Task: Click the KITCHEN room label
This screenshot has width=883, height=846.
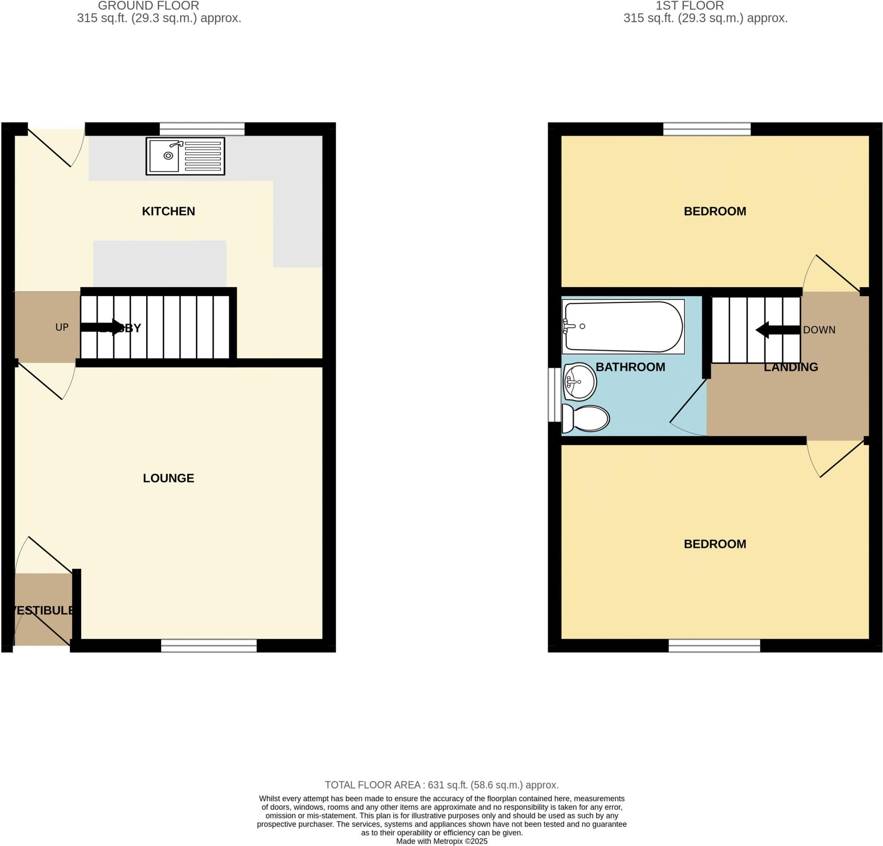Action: [169, 211]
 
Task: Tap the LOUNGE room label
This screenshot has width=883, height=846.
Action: [169, 478]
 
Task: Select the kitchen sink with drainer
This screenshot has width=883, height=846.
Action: [185, 156]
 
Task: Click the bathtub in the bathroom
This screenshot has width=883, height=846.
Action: [623, 326]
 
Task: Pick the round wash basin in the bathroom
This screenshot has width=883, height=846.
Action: [579, 382]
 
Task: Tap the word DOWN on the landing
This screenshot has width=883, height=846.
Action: [819, 330]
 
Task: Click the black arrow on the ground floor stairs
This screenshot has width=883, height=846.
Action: [102, 328]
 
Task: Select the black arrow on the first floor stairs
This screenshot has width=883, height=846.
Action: [777, 330]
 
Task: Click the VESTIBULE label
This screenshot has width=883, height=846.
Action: [43, 611]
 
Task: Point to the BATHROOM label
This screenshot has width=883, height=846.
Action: [630, 367]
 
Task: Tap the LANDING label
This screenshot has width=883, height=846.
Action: [791, 367]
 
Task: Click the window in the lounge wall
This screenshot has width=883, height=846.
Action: [209, 645]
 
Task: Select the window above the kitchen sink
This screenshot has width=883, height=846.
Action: [202, 129]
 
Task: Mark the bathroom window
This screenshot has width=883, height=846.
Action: [554, 395]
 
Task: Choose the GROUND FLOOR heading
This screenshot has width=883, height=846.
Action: [148, 6]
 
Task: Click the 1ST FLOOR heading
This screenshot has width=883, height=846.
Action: [689, 6]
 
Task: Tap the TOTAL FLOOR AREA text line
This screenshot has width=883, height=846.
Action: [441, 785]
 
